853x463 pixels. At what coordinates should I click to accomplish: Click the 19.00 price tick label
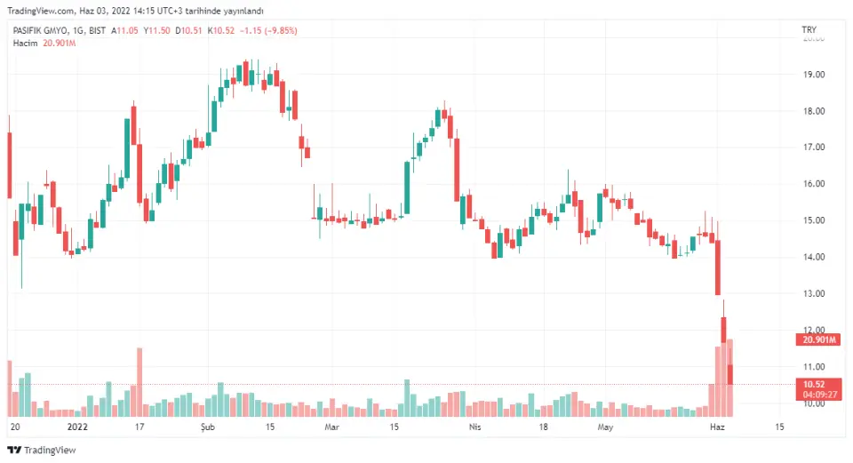pyautogui.click(x=813, y=74)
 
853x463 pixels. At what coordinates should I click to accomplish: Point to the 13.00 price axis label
pyautogui.click(x=813, y=293)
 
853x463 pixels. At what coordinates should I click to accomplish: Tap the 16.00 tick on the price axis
pyautogui.click(x=813, y=184)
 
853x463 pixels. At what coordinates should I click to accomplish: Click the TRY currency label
pyautogui.click(x=809, y=30)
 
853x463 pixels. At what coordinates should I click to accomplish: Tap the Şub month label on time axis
pyautogui.click(x=210, y=427)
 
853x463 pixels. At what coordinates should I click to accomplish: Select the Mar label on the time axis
pyautogui.click(x=331, y=427)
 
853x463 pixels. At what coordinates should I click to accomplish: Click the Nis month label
pyautogui.click(x=474, y=427)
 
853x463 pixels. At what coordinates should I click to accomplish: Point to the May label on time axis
pyautogui.click(x=606, y=427)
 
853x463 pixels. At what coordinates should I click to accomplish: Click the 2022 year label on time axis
pyautogui.click(x=78, y=427)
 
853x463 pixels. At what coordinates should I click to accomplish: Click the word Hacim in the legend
pyautogui.click(x=25, y=43)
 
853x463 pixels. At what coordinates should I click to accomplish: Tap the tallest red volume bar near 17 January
pyautogui.click(x=140, y=382)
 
